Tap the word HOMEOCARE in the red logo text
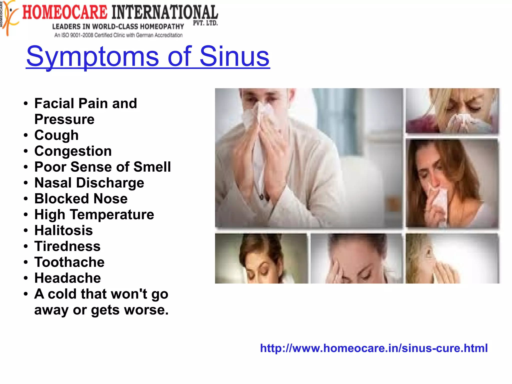point(65,13)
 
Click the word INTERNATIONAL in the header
point(165,13)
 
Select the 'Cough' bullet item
point(56,135)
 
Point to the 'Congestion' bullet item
point(73,151)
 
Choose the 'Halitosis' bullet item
point(63,230)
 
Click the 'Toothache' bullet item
point(69,262)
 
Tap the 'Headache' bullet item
point(67,278)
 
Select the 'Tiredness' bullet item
point(67,246)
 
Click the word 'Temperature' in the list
point(112,215)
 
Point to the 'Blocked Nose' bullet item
point(81,199)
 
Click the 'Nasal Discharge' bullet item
point(89,183)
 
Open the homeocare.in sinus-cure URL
point(374,348)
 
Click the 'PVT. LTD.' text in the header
point(205,23)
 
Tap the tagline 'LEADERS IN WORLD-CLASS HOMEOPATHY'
point(118,27)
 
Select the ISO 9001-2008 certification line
point(118,35)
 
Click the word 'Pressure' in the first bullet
point(64,119)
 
